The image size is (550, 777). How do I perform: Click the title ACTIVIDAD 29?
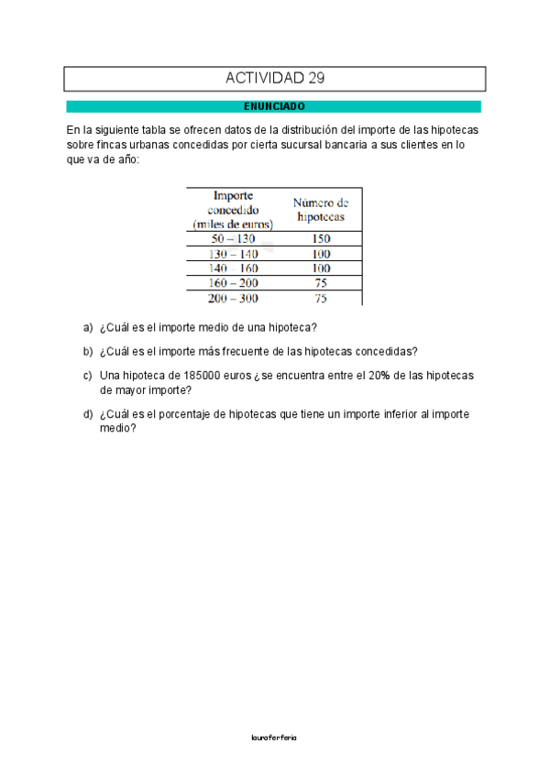[x=274, y=79]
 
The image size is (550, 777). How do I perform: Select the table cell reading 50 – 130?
[x=233, y=239]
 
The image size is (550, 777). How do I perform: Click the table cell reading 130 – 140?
[x=233, y=254]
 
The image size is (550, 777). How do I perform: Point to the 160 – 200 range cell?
[x=233, y=283]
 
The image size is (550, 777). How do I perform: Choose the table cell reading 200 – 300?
[x=233, y=298]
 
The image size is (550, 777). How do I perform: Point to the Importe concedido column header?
[x=233, y=209]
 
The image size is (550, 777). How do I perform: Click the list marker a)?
[x=88, y=327]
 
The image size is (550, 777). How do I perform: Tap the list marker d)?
[x=88, y=414]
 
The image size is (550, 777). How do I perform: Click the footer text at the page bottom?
[x=273, y=737]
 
